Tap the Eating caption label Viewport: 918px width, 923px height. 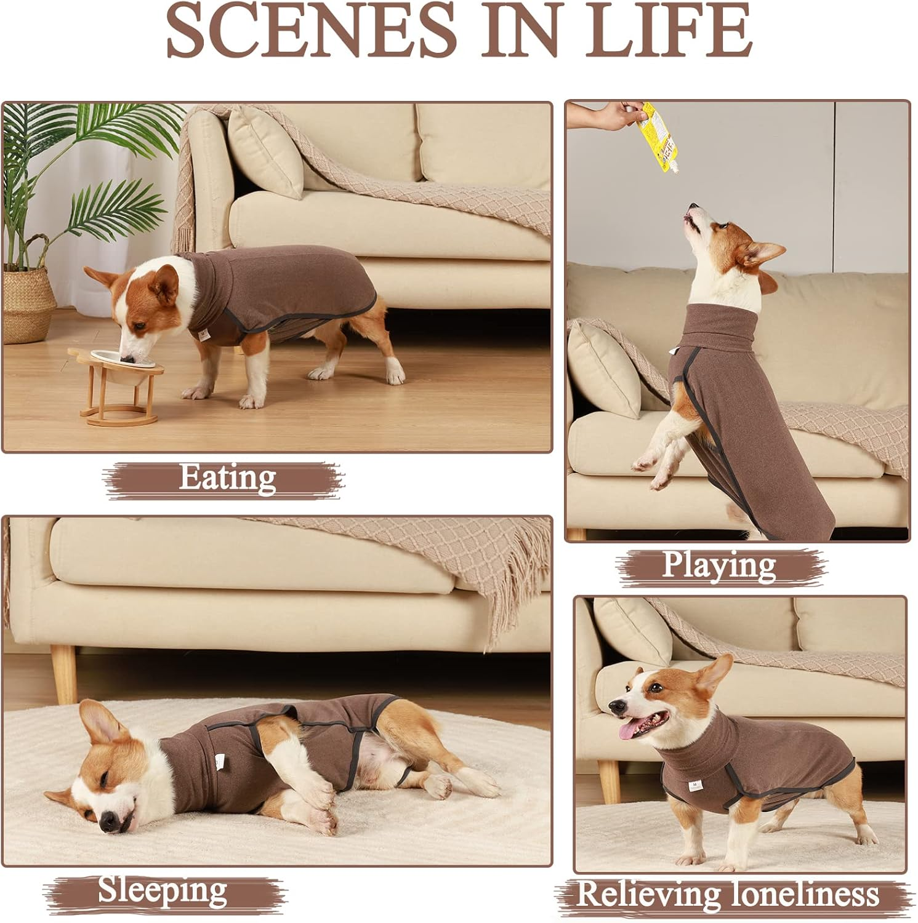(227, 478)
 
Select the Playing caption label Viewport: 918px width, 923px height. (719, 565)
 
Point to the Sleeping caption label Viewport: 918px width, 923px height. (163, 890)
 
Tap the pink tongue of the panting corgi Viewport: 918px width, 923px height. (629, 730)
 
